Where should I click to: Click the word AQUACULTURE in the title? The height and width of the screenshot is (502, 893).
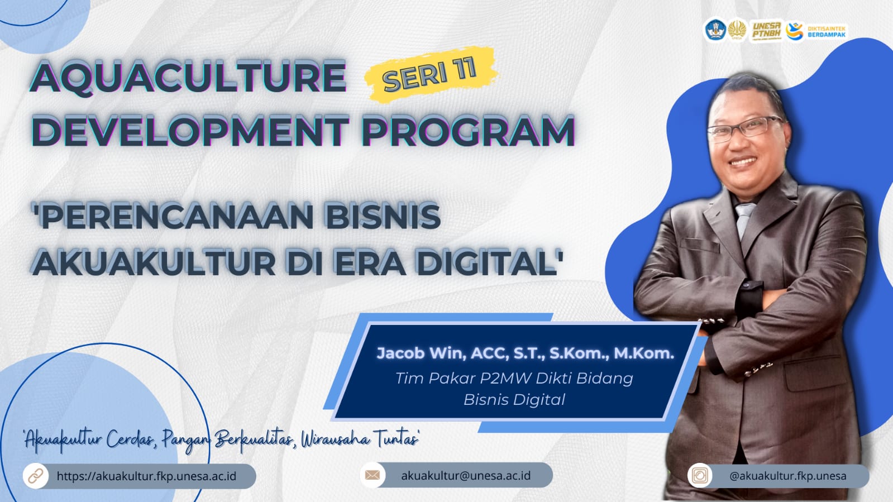click(188, 78)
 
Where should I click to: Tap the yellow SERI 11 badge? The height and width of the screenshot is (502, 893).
click(431, 75)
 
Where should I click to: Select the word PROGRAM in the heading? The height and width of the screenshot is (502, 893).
click(468, 131)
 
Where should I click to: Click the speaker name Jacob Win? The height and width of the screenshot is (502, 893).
click(421, 353)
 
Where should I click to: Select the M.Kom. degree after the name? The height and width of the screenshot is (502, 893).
click(644, 353)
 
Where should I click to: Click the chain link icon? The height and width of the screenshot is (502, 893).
click(36, 476)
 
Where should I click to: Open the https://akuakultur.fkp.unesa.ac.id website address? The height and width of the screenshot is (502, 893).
click(146, 476)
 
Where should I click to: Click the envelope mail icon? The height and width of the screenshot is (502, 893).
click(373, 475)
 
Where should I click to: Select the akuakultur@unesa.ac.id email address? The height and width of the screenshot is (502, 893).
click(466, 476)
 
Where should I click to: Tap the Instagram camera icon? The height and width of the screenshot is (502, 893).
click(700, 475)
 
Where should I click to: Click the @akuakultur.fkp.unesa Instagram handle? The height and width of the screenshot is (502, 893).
click(788, 476)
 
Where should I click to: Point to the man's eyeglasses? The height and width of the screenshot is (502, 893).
click(744, 129)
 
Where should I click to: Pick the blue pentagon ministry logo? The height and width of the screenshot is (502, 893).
click(715, 30)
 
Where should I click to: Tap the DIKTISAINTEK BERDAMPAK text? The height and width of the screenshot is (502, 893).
click(827, 31)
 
